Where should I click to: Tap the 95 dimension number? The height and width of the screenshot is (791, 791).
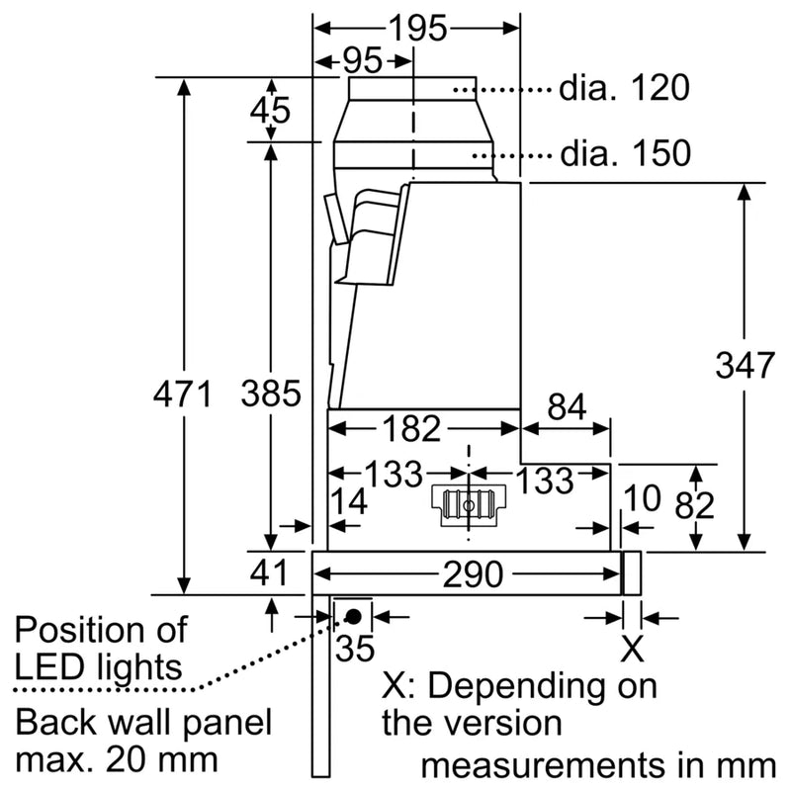pos(363,61)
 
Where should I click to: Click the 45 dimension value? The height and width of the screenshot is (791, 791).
pos(270,110)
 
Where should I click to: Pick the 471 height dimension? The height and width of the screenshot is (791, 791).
pos(183,395)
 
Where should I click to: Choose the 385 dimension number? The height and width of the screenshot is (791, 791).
pos(270,394)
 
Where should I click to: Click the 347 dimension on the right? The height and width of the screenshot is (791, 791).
pos(744,366)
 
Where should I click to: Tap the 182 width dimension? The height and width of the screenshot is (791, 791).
pos(410,428)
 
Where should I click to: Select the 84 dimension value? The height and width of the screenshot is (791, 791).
pos(566,406)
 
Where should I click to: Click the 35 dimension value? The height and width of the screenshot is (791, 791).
pos(356,650)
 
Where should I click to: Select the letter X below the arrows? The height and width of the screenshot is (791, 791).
pos(632,650)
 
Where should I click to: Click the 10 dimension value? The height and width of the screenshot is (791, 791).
pos(643,499)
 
